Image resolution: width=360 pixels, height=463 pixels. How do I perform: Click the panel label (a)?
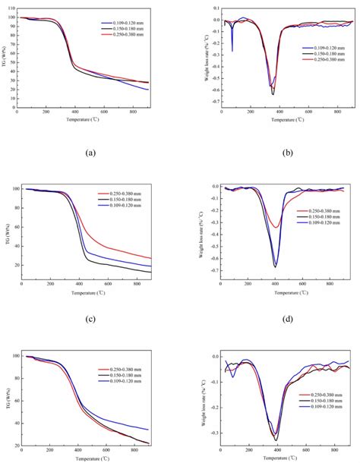pyautogui.click(x=90, y=153)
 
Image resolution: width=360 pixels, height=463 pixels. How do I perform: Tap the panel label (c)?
pyautogui.click(x=90, y=319)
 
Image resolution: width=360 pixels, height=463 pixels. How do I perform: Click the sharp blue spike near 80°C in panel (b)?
pyautogui.click(x=232, y=51)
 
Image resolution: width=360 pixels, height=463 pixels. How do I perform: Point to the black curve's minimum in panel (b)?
pyautogui.click(x=273, y=94)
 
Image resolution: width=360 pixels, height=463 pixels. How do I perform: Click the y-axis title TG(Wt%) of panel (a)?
pyautogui.click(x=5, y=63)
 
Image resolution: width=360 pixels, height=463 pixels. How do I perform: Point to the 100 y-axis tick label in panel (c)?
pyautogui.click(x=15, y=189)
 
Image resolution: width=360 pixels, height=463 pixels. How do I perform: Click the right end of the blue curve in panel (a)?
pyautogui.click(x=149, y=90)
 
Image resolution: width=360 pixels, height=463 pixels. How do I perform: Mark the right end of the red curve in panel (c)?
pyautogui.click(x=151, y=258)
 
